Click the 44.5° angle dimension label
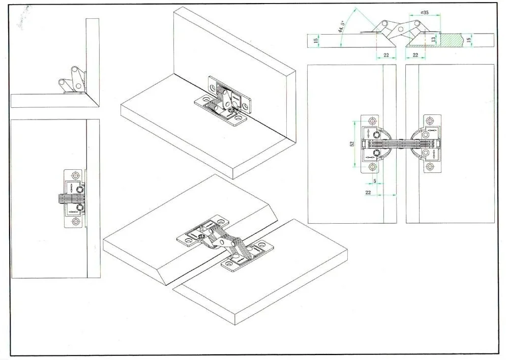coord(341,27)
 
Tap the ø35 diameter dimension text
coord(425,13)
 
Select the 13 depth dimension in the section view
coord(433,39)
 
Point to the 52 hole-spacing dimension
coord(352,143)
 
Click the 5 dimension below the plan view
coord(375,182)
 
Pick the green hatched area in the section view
coord(451,40)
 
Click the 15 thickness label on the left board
coord(316,40)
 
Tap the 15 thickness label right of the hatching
coord(469,40)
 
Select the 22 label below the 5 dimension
coord(368,193)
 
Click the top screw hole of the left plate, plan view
coord(372,121)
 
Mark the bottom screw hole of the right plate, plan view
coord(430,167)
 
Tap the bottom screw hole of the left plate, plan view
coord(372,167)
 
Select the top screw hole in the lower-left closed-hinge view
coord(76,176)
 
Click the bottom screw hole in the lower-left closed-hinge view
coord(76,222)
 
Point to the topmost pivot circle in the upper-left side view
coord(75,70)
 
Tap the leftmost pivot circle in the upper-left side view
coord(62,82)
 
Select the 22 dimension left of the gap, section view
coord(386,55)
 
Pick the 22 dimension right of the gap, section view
coord(415,55)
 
